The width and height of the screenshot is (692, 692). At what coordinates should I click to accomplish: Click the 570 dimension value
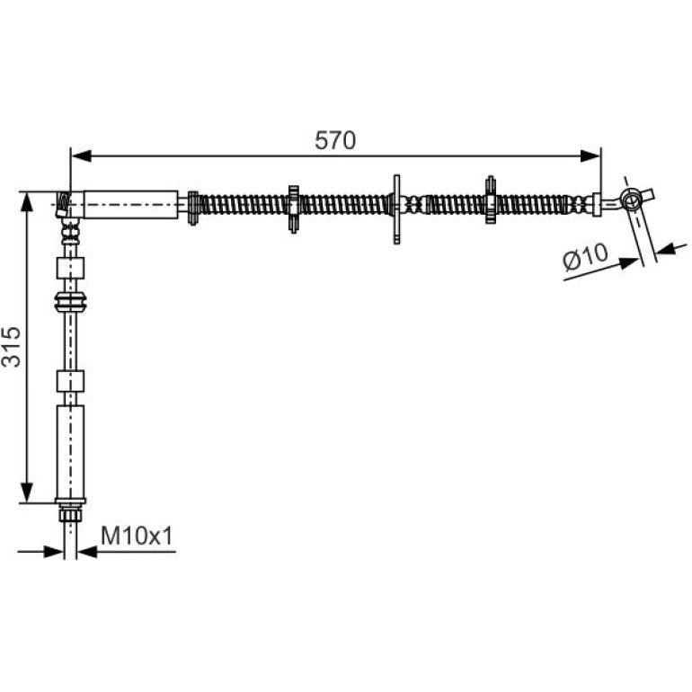coord(335,141)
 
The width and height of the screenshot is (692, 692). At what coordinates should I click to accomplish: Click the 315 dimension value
coord(12,346)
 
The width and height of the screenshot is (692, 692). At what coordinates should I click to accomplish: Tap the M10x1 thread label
coord(137,537)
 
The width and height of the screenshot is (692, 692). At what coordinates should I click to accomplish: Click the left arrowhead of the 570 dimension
coord(81,155)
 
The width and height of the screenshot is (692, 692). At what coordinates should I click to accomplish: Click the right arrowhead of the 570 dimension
coord(590,155)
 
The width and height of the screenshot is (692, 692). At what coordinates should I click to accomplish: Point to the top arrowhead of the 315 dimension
coord(27,202)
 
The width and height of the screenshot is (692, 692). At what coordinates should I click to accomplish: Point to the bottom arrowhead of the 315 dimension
coord(27,492)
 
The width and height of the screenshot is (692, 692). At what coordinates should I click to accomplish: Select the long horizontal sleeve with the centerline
coord(131,204)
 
